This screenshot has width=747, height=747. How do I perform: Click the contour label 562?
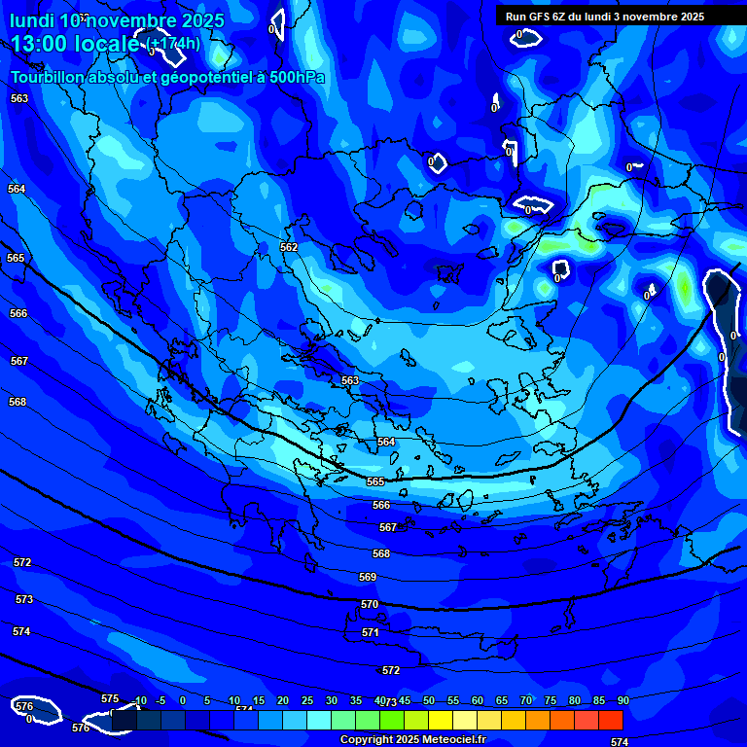click(x=289, y=248)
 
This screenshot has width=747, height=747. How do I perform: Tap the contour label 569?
click(x=368, y=578)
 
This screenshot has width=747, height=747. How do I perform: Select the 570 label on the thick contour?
click(x=370, y=605)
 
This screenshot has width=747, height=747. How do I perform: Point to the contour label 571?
click(x=371, y=633)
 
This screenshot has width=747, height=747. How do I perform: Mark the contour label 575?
click(x=110, y=699)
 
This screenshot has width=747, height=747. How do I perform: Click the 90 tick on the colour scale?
click(x=622, y=701)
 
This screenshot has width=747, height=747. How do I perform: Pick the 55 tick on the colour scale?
click(x=453, y=701)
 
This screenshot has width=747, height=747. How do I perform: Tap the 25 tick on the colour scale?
click(x=307, y=701)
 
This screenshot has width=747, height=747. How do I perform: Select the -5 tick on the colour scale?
click(x=160, y=701)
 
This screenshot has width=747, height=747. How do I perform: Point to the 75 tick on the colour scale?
click(x=551, y=701)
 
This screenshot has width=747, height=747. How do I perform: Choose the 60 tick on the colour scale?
click(x=478, y=701)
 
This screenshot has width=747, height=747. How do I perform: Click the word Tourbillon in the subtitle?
click(x=49, y=78)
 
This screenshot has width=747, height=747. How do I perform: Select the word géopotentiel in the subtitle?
click(x=186, y=79)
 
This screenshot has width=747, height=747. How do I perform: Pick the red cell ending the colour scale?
click(x=611, y=720)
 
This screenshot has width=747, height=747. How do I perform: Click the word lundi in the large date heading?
click(x=32, y=19)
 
